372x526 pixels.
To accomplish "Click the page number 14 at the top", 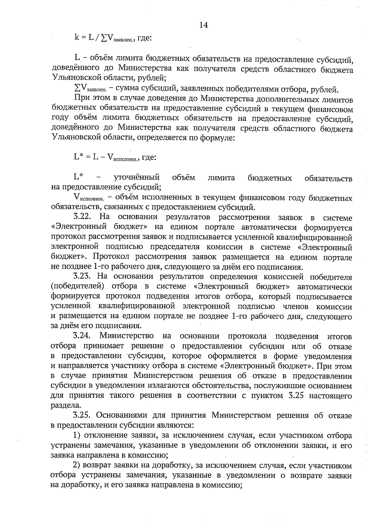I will click(x=203, y=25).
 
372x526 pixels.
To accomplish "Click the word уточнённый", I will click(x=137, y=178).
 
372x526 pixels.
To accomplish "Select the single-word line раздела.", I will click(x=62, y=405).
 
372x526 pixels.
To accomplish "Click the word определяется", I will click(x=161, y=138).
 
